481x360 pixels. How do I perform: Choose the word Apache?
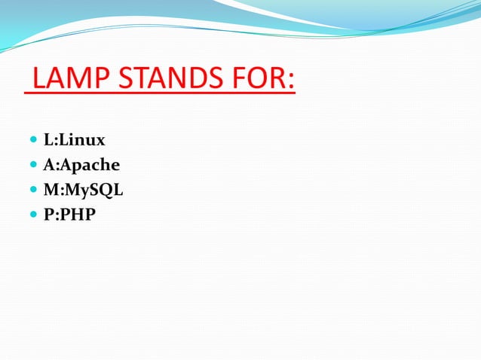(x=90, y=165)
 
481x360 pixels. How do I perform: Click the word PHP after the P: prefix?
(x=78, y=215)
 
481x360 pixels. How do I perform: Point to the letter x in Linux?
(x=100, y=141)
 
